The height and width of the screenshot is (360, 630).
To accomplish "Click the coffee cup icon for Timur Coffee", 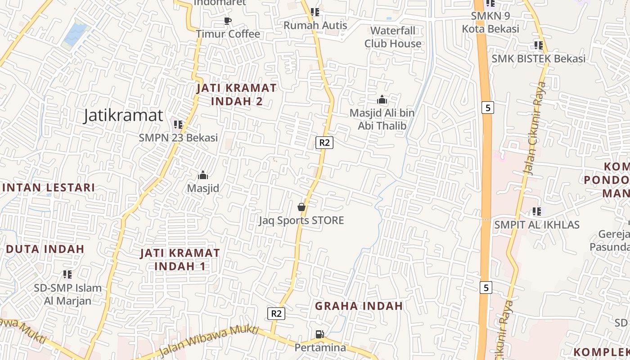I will click(228, 21).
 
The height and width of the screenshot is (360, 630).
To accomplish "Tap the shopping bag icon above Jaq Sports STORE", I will click(301, 207).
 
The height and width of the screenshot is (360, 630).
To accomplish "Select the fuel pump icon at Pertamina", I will click(319, 334).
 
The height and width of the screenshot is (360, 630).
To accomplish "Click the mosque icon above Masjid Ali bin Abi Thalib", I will click(382, 100).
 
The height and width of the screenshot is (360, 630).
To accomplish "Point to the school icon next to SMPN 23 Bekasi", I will click(178, 125).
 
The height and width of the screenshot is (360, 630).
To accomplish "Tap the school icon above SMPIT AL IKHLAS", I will click(536, 211).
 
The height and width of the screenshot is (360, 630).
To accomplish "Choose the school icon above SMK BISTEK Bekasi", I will click(538, 45).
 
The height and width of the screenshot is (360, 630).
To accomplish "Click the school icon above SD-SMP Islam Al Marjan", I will click(67, 274).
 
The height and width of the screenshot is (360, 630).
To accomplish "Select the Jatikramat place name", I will click(123, 116).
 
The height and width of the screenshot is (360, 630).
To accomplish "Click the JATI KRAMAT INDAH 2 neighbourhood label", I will click(237, 94).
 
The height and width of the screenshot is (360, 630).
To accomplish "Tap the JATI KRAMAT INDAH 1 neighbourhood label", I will click(180, 259).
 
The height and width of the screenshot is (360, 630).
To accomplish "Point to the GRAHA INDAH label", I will click(359, 306).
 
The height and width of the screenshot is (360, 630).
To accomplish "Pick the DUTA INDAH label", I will click(45, 249).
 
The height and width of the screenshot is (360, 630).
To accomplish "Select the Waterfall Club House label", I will click(393, 37).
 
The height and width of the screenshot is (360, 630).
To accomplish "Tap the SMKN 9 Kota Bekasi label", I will click(490, 22).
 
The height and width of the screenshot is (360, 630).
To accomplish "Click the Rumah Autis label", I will click(315, 25).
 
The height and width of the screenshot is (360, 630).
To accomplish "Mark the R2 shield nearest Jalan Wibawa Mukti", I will click(276, 313).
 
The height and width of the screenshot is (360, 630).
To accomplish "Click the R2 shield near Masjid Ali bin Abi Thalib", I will click(324, 143).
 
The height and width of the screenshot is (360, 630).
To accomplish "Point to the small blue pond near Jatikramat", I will click(75, 35).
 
